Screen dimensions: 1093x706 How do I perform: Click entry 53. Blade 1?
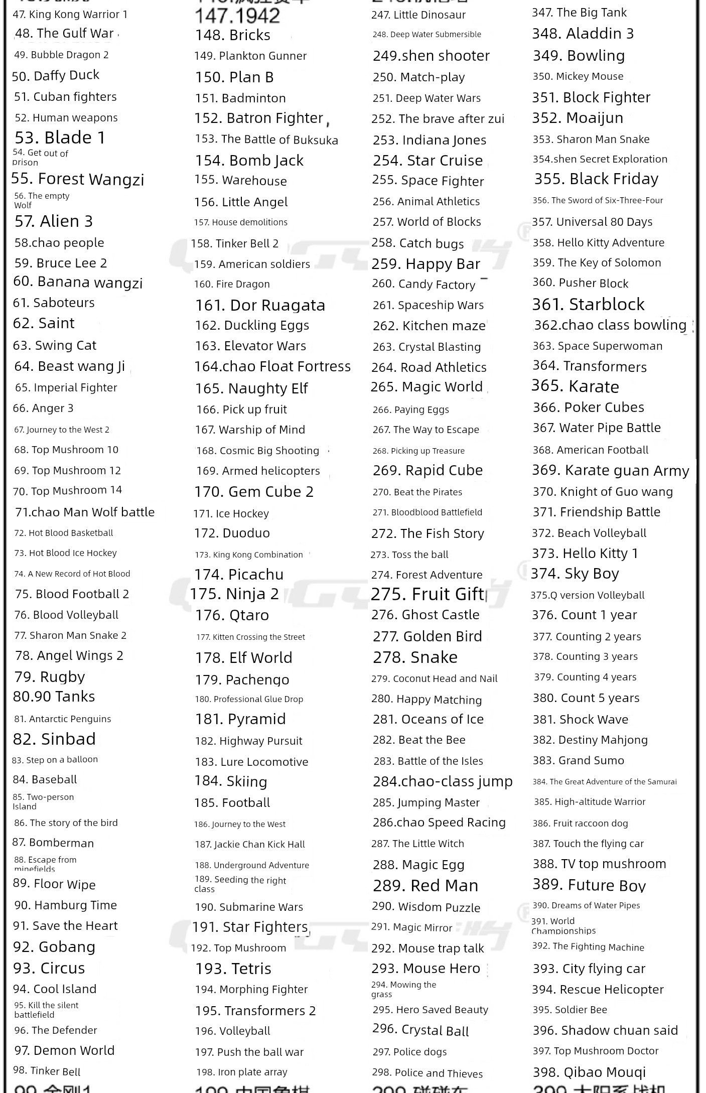(x=60, y=138)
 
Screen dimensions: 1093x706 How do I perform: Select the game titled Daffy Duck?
(x=56, y=76)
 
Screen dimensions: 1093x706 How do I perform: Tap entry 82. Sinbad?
(x=54, y=739)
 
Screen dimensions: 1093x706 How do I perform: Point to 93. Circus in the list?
(x=49, y=968)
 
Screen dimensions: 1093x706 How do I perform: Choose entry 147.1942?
(x=237, y=16)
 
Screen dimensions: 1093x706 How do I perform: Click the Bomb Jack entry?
(x=249, y=161)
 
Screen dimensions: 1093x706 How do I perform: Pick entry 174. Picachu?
(x=239, y=574)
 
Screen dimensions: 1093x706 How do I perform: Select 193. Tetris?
(x=233, y=969)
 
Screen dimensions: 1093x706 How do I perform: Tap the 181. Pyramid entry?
(x=240, y=719)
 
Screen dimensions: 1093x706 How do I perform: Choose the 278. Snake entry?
(x=415, y=657)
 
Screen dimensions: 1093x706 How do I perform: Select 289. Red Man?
(x=426, y=886)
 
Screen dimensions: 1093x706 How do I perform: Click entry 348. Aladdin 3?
(x=583, y=34)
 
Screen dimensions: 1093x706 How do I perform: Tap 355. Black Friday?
(x=596, y=179)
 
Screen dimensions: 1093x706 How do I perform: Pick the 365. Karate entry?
(x=575, y=386)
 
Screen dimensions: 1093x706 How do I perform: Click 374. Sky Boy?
(x=575, y=574)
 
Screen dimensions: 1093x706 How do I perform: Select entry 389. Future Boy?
(x=589, y=885)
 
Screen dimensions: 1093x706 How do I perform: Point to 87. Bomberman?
(x=53, y=843)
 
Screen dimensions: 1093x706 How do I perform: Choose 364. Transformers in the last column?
(x=590, y=366)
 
